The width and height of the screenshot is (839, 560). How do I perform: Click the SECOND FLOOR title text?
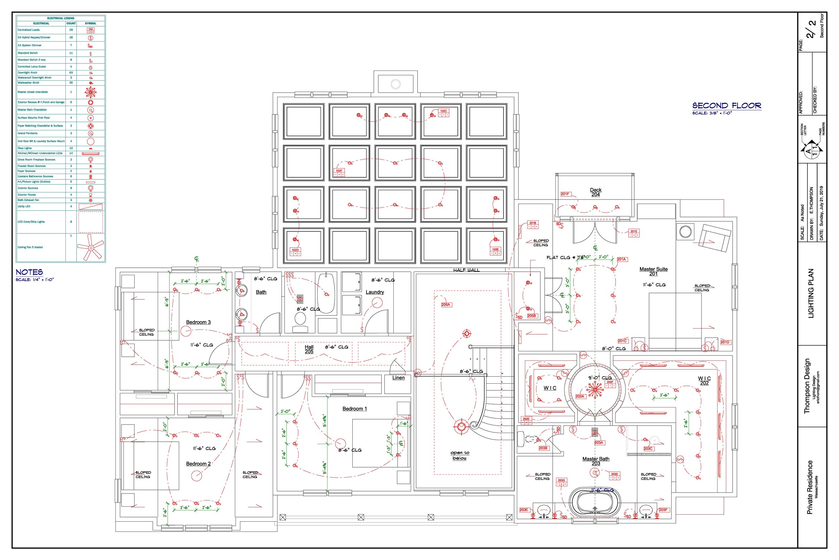tap(726, 106)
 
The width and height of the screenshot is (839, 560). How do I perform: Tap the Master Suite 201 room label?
tap(653, 271)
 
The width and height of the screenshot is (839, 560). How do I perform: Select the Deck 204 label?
tap(595, 192)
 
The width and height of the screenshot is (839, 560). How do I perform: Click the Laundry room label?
tap(375, 292)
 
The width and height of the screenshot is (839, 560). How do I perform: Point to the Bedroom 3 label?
tap(198, 322)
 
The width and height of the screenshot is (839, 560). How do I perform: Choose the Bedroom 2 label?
tap(198, 464)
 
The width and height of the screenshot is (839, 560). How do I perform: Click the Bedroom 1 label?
tap(355, 408)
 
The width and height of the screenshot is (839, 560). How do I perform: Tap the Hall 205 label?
tap(309, 349)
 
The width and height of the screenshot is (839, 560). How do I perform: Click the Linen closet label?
tap(398, 378)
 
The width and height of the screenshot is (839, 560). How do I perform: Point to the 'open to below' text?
tap(460, 456)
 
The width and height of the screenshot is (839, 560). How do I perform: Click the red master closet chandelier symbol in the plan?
tap(594, 389)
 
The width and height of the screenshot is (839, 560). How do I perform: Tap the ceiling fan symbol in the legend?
tap(91, 247)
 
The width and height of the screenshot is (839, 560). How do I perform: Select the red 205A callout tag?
tap(446, 305)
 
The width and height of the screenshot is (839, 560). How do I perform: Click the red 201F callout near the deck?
tap(565, 194)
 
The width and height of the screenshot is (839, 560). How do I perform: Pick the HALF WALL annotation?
tap(466, 270)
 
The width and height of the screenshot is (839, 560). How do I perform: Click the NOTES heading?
tap(29, 272)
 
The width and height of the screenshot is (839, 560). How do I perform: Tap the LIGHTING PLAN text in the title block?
tap(811, 293)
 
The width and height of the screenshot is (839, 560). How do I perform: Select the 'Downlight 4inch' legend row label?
tap(28, 73)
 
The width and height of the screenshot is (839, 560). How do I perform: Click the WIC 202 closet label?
tap(704, 381)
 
